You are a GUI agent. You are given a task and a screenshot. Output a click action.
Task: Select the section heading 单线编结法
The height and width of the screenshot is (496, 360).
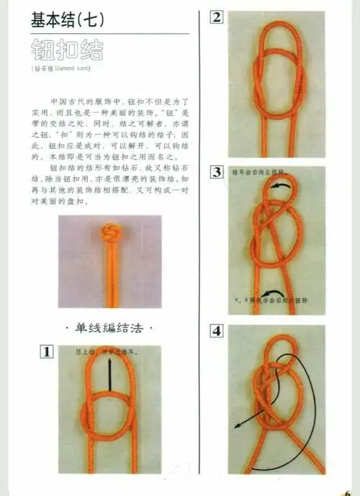(109, 329)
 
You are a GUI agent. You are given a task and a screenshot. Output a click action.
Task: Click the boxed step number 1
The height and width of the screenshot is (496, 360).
(45, 352)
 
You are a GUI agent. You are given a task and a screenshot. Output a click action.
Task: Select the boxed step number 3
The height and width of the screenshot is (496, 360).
(217, 172)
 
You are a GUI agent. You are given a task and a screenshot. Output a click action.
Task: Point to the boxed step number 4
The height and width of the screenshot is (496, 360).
(217, 332)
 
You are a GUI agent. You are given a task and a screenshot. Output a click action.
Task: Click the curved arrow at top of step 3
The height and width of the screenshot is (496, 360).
(284, 186)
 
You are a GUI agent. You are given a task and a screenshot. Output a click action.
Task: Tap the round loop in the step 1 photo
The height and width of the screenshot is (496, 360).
(109, 418)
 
